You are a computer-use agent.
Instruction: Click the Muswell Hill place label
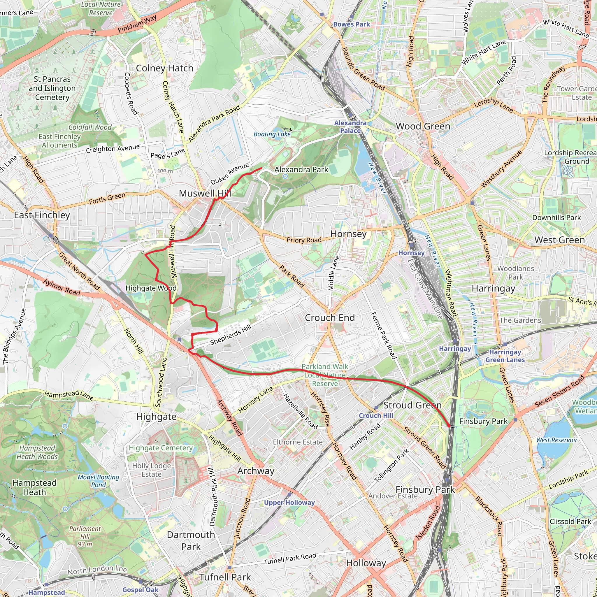pos(205,194)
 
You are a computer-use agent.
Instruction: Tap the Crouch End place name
pos(330,318)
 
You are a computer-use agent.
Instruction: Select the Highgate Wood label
pos(151,288)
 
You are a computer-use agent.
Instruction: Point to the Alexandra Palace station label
pos(350,127)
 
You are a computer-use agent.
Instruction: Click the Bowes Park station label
pos(351,24)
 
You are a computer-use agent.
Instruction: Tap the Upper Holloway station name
pos(289,503)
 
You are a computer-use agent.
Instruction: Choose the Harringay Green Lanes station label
pos(505,356)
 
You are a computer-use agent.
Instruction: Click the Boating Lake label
pos(272,134)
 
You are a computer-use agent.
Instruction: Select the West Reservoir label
pos(557,440)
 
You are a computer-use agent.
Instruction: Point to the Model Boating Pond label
pos(98,481)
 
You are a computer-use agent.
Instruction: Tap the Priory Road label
pos(304,240)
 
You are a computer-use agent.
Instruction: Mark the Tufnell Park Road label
pos(290,559)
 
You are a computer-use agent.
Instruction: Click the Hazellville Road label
pos(300,412)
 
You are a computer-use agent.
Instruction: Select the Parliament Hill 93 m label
pos(85,536)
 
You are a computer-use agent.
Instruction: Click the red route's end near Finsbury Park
pos(449,426)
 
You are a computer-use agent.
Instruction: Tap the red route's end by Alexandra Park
pos(262,168)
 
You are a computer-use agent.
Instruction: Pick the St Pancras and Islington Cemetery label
pos(52,88)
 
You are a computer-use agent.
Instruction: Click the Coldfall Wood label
pos(90,127)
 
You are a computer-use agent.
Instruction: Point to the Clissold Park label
pos(570,522)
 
